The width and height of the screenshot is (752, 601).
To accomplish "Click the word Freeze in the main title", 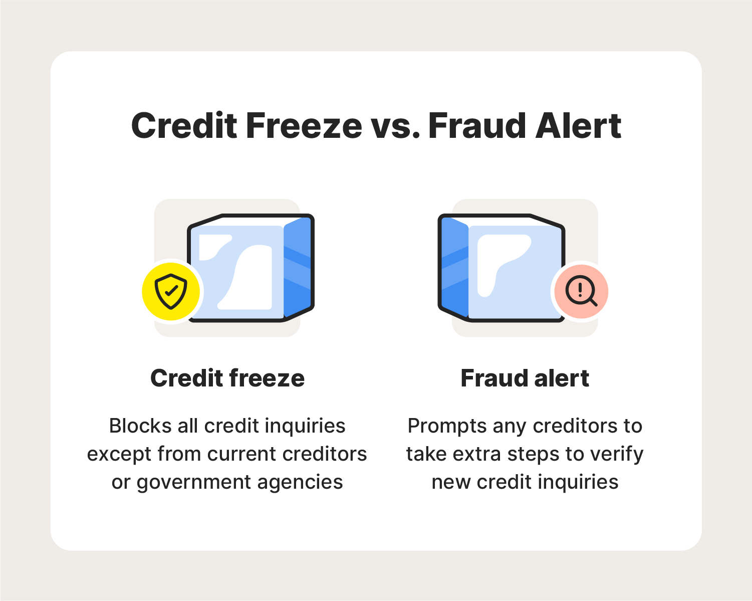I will pyautogui.click(x=304, y=126).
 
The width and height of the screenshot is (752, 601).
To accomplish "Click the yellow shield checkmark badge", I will pyautogui.click(x=171, y=291).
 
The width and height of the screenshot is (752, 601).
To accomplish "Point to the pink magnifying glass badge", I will pyautogui.click(x=581, y=291).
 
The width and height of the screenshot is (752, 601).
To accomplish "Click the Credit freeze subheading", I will pyautogui.click(x=227, y=378).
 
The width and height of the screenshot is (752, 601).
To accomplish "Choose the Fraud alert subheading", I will pyautogui.click(x=525, y=378).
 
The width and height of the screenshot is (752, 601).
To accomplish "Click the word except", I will pyautogui.click(x=119, y=454).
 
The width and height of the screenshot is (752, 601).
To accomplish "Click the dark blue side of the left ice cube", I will pyautogui.click(x=298, y=268).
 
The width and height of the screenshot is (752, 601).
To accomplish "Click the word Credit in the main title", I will pyautogui.click(x=184, y=126).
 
